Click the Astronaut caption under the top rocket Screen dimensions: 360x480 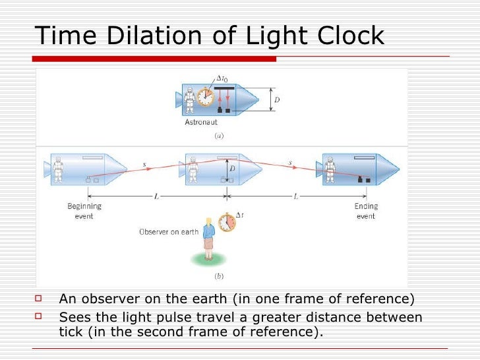201,122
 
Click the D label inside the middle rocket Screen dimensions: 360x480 233,169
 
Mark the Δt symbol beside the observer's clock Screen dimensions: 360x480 240,216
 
